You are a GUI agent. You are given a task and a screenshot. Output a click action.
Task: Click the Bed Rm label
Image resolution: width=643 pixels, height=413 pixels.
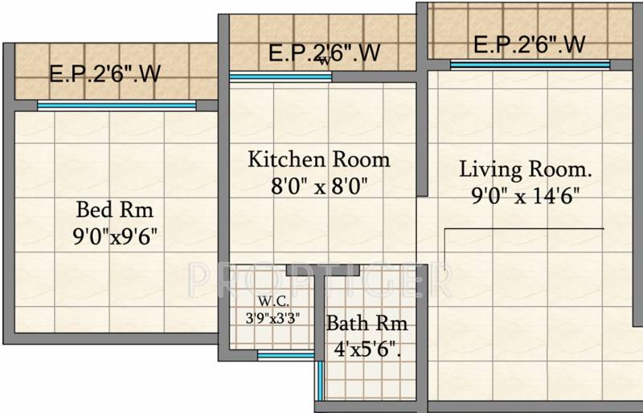tap(115, 210)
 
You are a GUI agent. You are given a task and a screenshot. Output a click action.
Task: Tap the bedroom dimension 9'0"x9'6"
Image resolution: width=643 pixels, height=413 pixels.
tap(115, 236)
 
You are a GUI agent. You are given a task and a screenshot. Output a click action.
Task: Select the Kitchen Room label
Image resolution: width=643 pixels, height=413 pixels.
tap(319, 160)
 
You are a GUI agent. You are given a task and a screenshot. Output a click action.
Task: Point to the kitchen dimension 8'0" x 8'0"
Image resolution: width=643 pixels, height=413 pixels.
tap(319, 186)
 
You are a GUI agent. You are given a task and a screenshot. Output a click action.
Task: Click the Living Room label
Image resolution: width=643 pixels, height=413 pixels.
tap(526, 169)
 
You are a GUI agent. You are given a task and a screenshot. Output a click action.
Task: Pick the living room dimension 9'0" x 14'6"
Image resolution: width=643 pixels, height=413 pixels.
tap(526, 196)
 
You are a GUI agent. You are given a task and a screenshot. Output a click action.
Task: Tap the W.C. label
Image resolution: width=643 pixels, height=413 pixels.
tap(273, 301)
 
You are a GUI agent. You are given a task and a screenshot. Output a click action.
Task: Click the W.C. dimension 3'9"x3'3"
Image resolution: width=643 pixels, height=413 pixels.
tap(272, 318)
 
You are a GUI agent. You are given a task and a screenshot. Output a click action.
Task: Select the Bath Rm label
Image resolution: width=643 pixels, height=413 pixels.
tap(367, 323)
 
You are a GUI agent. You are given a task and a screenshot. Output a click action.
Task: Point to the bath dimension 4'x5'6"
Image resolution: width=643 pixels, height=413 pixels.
tap(367, 350)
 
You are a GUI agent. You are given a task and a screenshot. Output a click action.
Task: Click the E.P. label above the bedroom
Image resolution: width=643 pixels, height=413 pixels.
tap(105, 73)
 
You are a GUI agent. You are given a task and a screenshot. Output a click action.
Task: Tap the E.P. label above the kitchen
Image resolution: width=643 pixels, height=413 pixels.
tap(325, 53)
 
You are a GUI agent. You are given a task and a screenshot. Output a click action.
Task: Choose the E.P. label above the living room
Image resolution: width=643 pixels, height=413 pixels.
tap(530, 44)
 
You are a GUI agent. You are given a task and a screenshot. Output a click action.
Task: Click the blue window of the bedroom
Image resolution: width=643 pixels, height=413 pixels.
tap(117, 105)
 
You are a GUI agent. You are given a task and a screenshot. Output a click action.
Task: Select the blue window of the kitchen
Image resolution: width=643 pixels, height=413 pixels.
tap(281, 76)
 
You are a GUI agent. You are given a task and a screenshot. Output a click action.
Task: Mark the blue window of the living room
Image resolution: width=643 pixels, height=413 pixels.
tap(530, 65)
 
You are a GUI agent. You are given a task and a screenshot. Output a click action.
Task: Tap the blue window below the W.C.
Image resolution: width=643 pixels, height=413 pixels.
tap(286, 355)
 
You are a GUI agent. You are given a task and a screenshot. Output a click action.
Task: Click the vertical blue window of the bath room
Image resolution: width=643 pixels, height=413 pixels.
tap(320, 380)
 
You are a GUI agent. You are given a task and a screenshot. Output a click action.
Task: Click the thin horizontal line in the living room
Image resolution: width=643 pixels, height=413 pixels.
tap(524, 228)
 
